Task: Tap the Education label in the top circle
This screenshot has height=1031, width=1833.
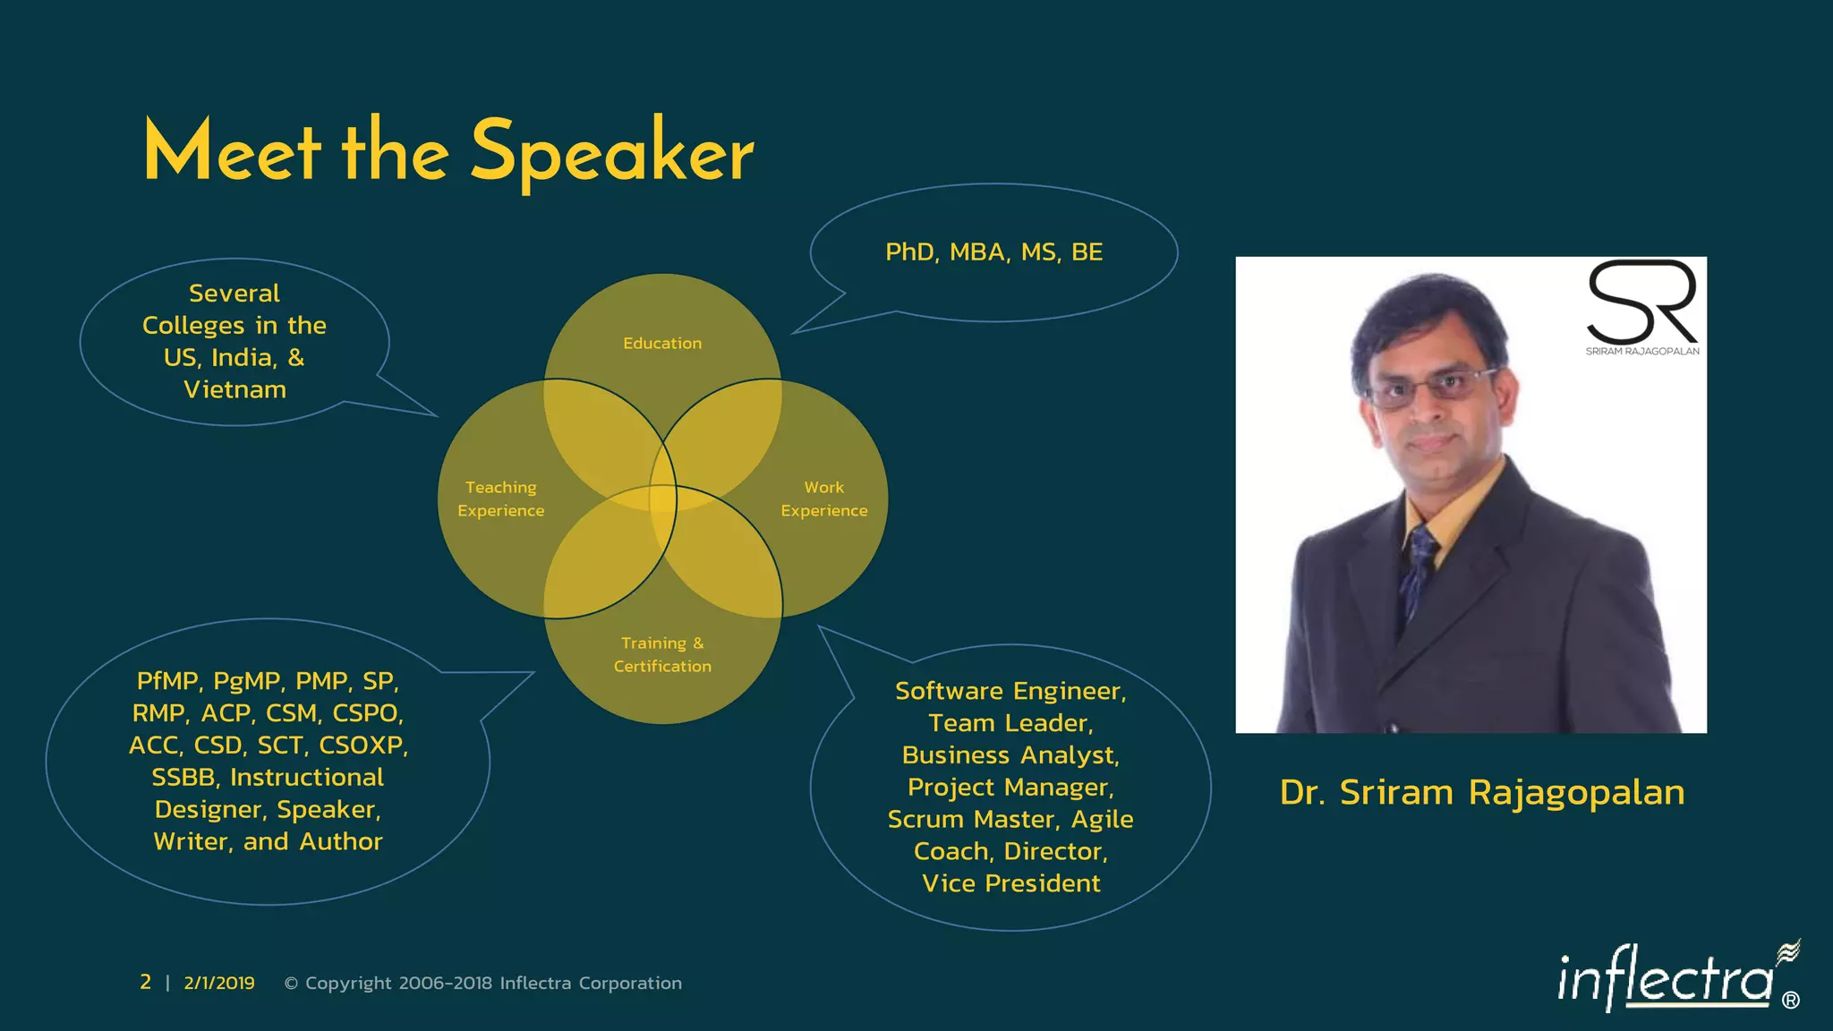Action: (662, 344)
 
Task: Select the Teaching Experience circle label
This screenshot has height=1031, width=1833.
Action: (500, 498)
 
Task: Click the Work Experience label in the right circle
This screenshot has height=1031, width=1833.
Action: (823, 498)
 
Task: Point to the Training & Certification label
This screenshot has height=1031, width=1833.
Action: (662, 654)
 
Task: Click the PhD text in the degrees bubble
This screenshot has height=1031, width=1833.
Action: (909, 252)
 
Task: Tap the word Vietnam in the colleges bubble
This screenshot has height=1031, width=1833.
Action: (234, 390)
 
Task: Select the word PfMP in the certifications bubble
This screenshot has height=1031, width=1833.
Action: (167, 681)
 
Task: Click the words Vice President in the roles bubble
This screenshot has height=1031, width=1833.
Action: (1010, 883)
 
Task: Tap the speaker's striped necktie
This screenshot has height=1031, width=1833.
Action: (1418, 573)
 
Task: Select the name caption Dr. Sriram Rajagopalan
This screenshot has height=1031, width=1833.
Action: (1481, 793)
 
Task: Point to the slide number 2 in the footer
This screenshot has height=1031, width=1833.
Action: (145, 983)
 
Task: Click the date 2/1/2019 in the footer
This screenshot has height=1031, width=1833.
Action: (219, 984)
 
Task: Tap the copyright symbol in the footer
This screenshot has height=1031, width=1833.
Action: (291, 984)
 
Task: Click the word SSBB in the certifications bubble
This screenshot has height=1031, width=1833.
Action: (183, 778)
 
